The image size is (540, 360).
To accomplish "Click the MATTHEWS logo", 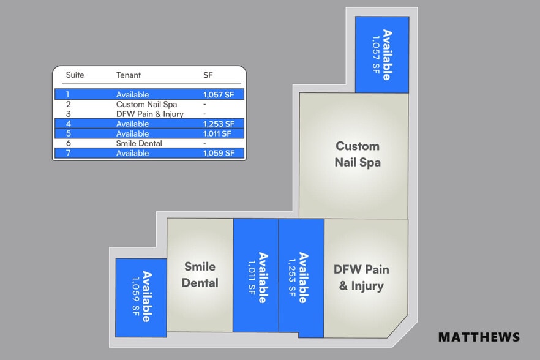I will point(479,337).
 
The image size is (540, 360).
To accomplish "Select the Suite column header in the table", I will point(75,75).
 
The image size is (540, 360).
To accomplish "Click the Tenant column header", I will point(129,75).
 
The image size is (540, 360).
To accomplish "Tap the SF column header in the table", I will point(209,75).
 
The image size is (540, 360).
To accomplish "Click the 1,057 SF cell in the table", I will point(219,94).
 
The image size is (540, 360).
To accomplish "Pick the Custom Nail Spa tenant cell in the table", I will point(146,104).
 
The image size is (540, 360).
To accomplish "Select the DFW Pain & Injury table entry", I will point(150,114).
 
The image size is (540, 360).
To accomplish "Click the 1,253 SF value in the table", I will point(219,124).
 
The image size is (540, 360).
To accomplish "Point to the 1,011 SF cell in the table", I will point(218,133).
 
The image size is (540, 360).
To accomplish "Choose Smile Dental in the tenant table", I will point(139,143).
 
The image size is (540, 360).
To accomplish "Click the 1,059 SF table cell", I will point(219,153).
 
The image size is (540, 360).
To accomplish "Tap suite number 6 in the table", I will point(69,143).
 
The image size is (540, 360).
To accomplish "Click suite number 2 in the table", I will point(69,104).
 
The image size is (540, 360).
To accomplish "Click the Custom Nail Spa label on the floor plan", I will point(358,154).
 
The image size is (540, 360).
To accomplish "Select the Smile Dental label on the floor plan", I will point(200,275).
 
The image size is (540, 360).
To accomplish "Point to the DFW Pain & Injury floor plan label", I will point(361,277).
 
